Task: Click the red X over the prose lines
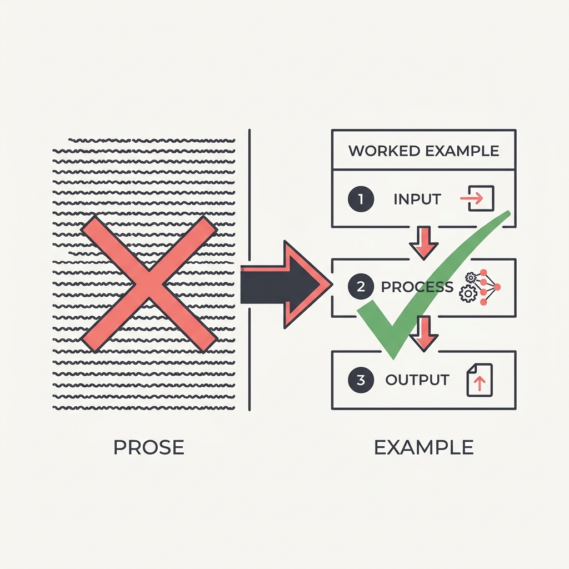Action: point(149,284)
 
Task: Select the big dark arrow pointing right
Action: point(287,284)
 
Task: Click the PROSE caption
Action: point(149,447)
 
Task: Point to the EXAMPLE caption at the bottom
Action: point(424,447)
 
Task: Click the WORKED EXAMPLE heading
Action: point(424,151)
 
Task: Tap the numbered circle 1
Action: point(361,199)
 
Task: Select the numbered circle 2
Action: point(361,287)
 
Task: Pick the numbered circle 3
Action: point(361,380)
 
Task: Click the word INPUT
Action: point(417,199)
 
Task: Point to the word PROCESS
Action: point(417,287)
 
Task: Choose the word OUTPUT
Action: point(417,380)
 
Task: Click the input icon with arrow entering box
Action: point(477,198)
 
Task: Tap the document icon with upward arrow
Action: point(480,380)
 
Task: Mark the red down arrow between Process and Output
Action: point(423,334)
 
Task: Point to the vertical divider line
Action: point(249,269)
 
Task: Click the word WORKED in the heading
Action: point(384,151)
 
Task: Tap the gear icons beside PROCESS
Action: point(469,287)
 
